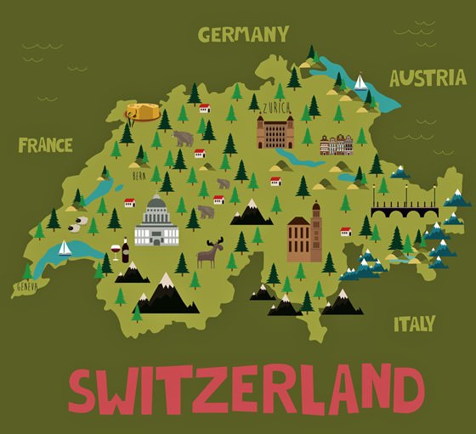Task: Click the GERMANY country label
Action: click(243, 34)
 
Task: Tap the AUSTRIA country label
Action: click(428, 78)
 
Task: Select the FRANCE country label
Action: click(45, 144)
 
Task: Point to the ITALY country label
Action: click(414, 324)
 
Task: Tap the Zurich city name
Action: click(275, 108)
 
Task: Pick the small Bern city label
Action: click(139, 176)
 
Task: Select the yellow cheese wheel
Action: click(143, 111)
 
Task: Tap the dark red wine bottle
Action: click(126, 250)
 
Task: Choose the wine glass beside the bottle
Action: click(115, 252)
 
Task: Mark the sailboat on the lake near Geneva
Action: click(65, 247)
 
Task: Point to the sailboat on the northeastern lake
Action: click(360, 82)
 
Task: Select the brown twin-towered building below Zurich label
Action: click(275, 132)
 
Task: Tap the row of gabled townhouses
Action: click(336, 145)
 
